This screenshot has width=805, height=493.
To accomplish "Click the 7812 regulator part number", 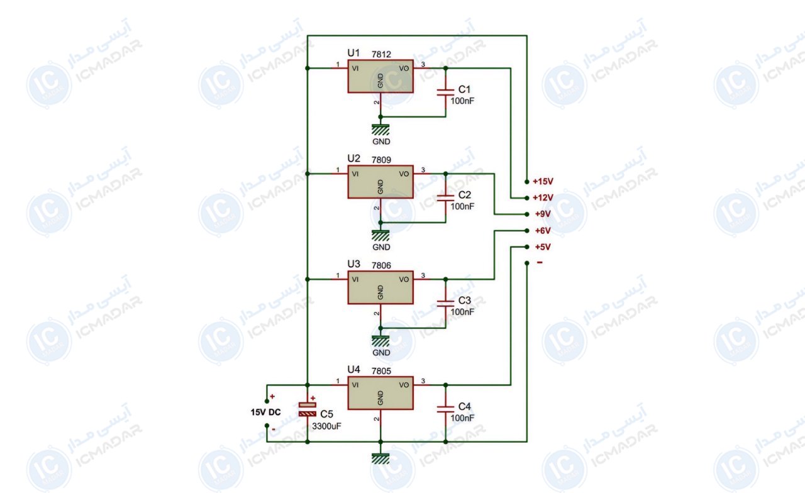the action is tap(381, 54).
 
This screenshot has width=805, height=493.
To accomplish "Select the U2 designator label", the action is tap(353, 158).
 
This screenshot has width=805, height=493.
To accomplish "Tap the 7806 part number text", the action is tap(381, 265).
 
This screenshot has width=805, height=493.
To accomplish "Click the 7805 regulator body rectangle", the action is tap(380, 393).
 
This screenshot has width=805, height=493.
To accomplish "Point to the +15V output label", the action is tap(543, 182).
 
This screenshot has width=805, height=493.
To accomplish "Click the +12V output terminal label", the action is tap(543, 197).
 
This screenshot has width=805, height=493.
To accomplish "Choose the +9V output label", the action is tap(543, 214).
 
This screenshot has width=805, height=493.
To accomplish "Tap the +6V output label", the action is tap(543, 231).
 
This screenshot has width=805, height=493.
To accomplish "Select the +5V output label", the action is tap(543, 247).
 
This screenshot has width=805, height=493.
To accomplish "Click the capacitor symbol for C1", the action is tap(446, 92).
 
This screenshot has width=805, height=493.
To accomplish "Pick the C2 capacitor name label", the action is tap(464, 195).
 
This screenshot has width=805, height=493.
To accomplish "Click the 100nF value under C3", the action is tap(462, 312).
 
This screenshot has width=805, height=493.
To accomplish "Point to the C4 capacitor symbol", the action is tap(446, 409).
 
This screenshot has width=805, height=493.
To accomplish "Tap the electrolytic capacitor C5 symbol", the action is tap(308, 409).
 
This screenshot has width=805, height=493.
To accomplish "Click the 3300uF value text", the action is tap(326, 426).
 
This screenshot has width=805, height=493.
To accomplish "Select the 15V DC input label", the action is tap(265, 412).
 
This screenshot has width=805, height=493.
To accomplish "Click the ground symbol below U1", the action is tap(380, 130).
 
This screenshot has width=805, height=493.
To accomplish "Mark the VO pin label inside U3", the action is tap(404, 280).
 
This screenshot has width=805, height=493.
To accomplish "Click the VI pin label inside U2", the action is tap(355, 174).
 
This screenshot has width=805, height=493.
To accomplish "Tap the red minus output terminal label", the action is tap(540, 263).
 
